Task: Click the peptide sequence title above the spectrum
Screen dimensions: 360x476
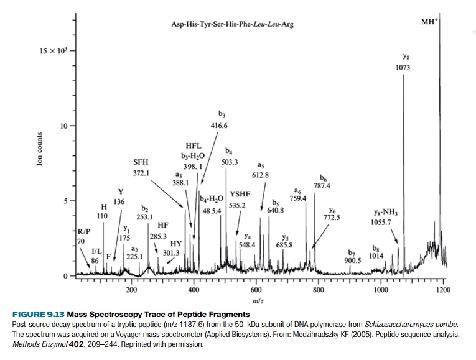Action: tap(231, 25)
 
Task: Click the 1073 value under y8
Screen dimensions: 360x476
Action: tap(403, 67)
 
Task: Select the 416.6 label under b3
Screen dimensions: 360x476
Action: tap(219, 126)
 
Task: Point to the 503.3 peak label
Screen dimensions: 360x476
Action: tap(230, 162)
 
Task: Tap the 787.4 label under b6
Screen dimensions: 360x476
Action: tap(322, 185)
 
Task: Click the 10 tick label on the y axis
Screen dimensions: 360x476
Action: tap(63, 126)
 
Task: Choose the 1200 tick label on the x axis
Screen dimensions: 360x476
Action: tap(442, 290)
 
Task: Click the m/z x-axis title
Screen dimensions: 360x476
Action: tap(256, 301)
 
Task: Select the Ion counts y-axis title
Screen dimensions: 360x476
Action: tap(40, 149)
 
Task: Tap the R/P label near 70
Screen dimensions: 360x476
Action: tap(83, 233)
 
